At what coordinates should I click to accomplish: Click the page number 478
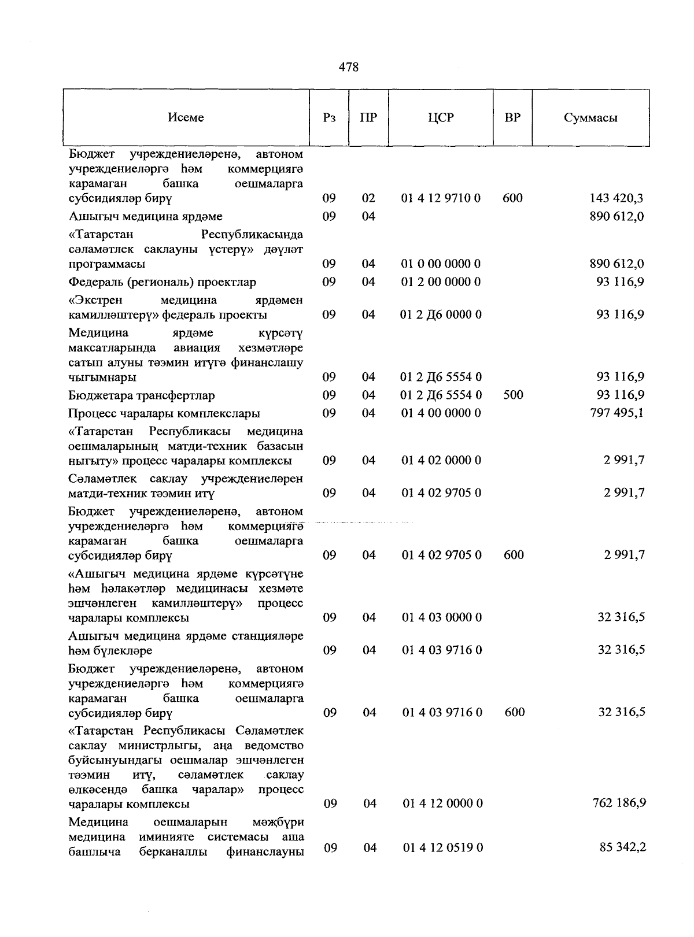pos(348,68)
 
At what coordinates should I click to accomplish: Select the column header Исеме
pos(186,117)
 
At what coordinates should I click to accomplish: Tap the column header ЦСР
pos(441,117)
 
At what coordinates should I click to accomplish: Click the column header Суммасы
pos(590,118)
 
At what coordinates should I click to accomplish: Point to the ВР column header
pos(512,117)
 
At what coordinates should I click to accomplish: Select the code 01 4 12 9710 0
pos(441,198)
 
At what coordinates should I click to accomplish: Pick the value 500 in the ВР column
pos(513,395)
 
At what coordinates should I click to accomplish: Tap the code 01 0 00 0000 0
pos(441,264)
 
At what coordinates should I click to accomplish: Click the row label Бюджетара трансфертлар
pos(142,396)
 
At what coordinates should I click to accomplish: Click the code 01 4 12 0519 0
pos(442,847)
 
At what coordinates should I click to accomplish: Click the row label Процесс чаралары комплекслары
pos(164,414)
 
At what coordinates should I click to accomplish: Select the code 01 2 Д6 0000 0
pos(441,315)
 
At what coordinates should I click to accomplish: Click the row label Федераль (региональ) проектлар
pos(162,283)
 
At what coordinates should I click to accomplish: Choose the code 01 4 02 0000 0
pos(442,461)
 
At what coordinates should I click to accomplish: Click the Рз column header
pos(329,117)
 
